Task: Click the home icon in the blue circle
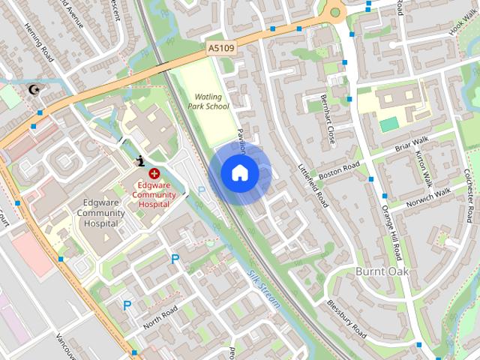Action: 239,173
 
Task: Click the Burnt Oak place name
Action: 382,271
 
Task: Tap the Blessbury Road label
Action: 346,319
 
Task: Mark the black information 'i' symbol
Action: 142,160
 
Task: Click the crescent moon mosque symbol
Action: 33,91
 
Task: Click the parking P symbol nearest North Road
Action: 127,305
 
